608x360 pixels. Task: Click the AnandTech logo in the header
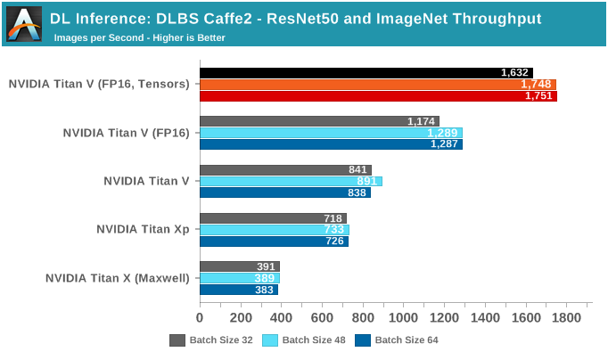(24, 24)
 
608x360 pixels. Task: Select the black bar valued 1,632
(366, 73)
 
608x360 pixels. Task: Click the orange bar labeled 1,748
(377, 85)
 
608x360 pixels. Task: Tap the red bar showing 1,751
(378, 95)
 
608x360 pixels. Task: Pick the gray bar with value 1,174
(319, 121)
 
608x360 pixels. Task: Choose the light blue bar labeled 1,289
(331, 133)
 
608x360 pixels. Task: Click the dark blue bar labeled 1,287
(331, 143)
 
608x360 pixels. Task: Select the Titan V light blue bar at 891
(291, 181)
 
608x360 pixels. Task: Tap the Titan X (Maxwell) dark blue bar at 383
(239, 289)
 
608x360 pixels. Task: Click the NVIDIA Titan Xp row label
(143, 229)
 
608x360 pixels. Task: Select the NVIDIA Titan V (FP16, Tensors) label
(99, 85)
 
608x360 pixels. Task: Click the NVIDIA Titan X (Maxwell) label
(118, 277)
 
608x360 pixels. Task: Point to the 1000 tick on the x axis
(404, 317)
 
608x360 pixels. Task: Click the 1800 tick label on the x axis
(567, 317)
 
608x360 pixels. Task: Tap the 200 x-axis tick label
(241, 317)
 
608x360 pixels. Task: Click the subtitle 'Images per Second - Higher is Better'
(139, 37)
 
